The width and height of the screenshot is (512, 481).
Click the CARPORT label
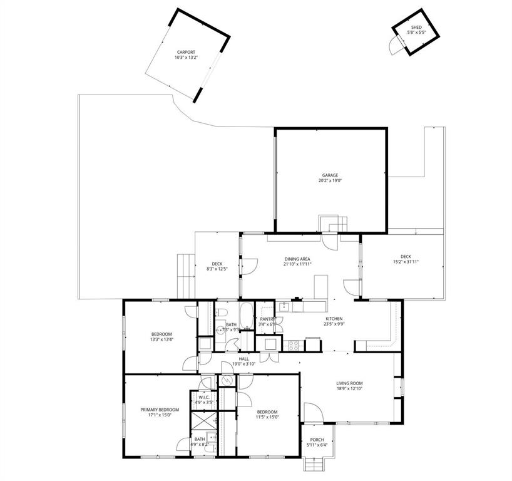point(186,52)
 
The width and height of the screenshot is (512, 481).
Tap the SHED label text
point(416,27)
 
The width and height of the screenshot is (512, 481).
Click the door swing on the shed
point(395,45)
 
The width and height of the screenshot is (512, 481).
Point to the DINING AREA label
point(297,259)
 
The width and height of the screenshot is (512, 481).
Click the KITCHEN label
point(334,319)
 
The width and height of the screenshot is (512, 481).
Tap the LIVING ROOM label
point(349,383)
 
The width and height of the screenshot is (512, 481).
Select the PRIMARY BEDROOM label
point(160,410)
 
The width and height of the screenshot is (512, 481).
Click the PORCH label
point(317,440)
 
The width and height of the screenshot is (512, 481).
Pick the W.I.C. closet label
point(203,397)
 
